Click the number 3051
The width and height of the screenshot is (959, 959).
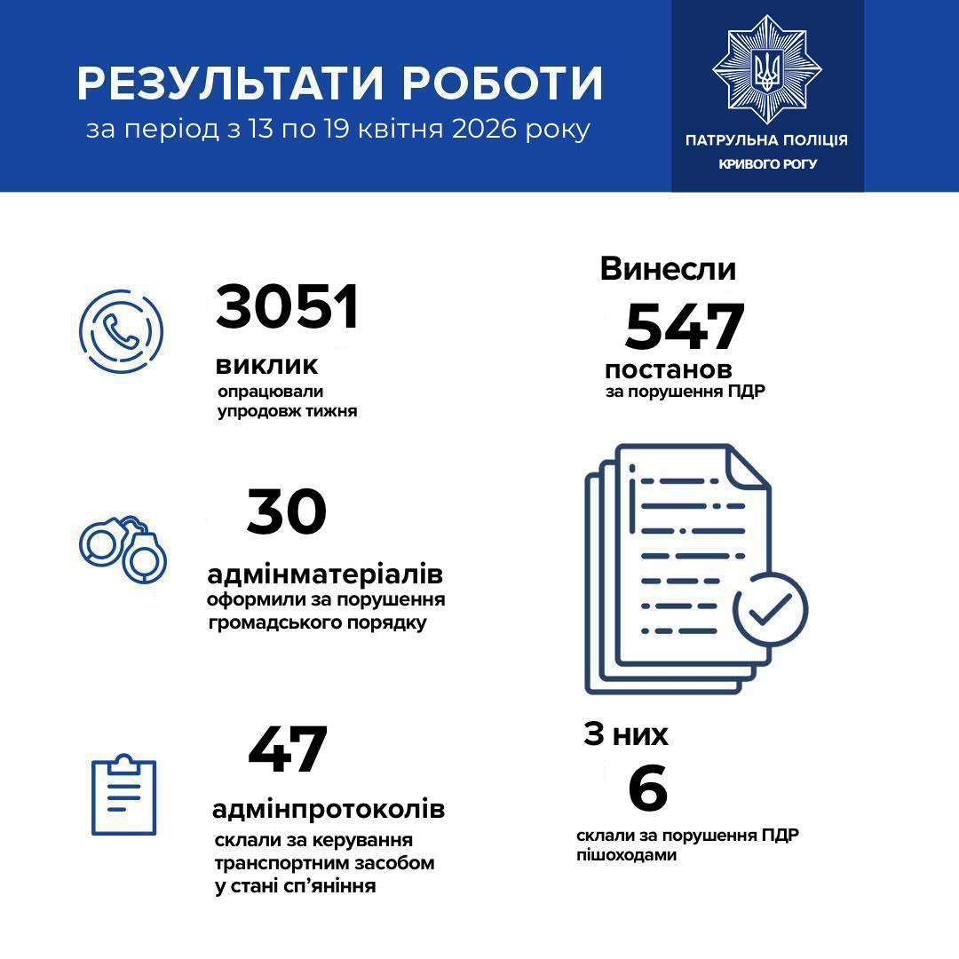point(287,307)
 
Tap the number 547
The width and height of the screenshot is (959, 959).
point(684,327)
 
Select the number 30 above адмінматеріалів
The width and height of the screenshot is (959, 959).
point(287,513)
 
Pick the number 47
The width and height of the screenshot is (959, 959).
point(288,750)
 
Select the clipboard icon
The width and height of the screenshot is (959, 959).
point(124,795)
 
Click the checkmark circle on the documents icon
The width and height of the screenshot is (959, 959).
point(770,609)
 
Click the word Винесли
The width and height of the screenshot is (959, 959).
point(668,268)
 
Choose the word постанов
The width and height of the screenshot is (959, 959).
point(669,369)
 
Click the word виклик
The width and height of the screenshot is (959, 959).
point(266,366)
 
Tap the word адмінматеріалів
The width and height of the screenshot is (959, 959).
point(325,572)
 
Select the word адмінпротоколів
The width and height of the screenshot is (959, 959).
point(329,810)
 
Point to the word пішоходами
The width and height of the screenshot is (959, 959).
point(625,856)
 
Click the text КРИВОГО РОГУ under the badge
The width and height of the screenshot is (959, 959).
point(767,164)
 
